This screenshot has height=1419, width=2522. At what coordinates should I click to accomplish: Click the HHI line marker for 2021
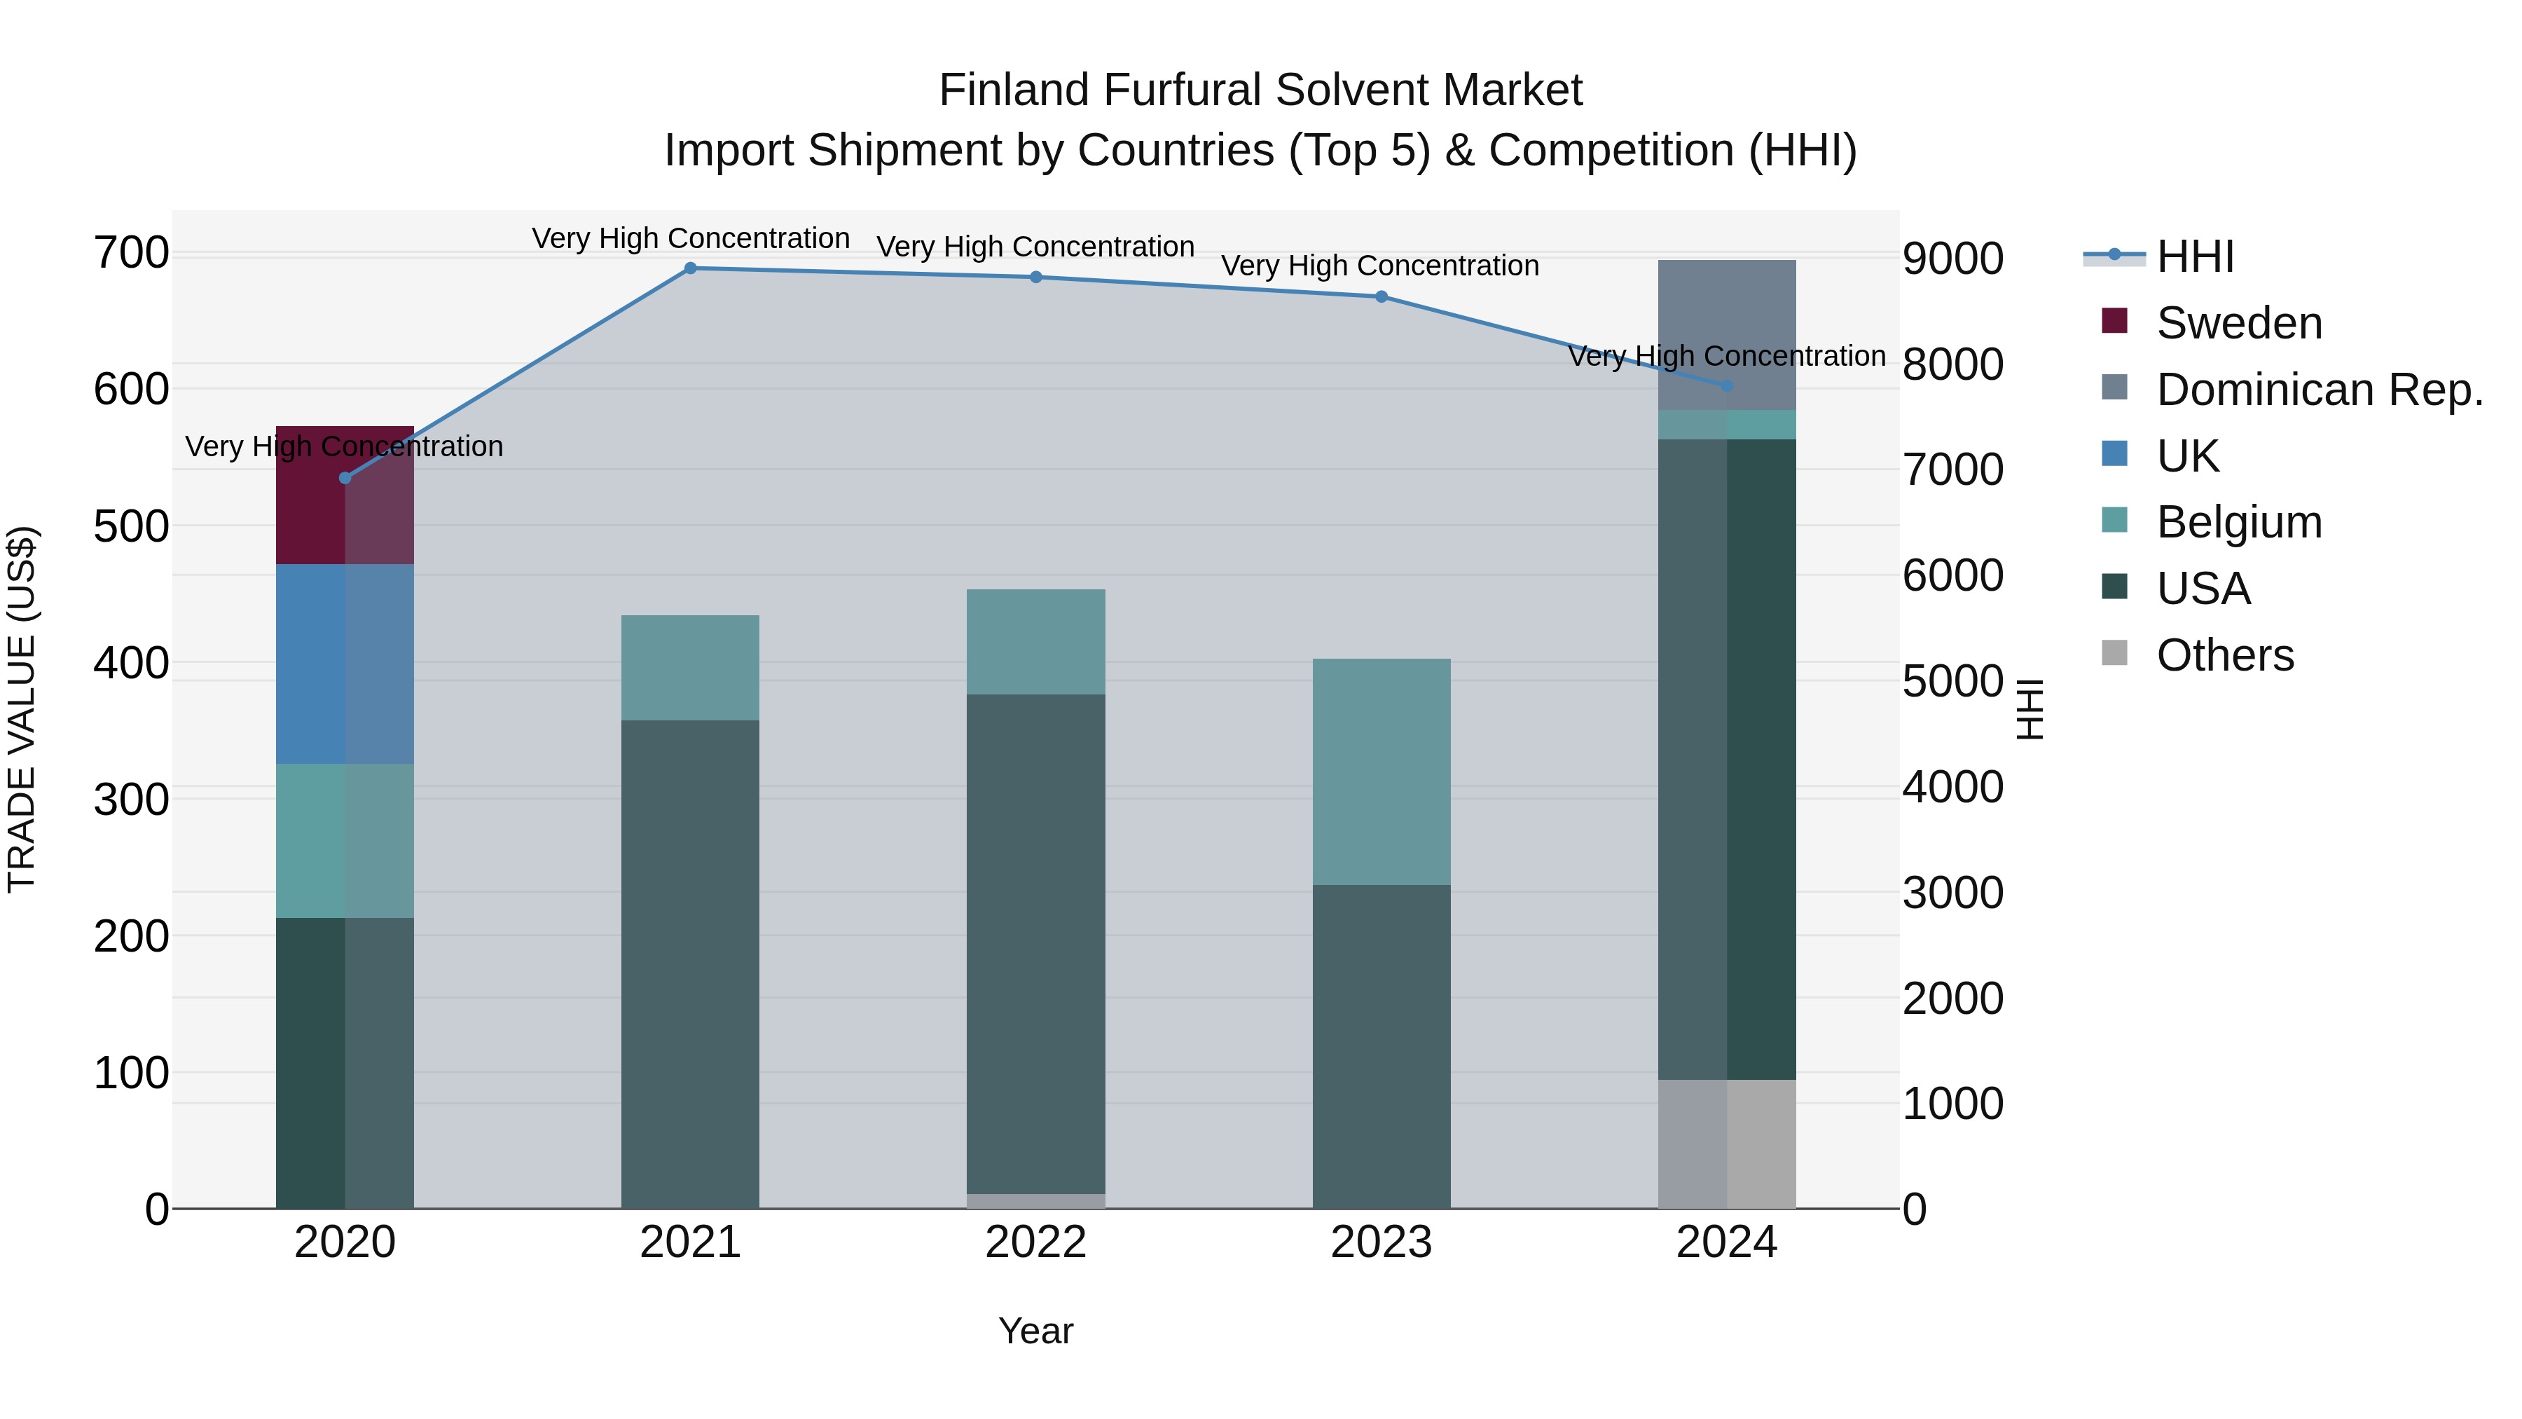[690, 268]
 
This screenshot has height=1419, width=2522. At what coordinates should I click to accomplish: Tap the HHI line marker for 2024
[1727, 386]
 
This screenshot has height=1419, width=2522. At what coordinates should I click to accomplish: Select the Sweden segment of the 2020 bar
[345, 495]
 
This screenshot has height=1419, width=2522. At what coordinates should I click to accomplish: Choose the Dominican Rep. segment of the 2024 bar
[1727, 335]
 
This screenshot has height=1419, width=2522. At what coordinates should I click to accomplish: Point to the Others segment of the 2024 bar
[1727, 1143]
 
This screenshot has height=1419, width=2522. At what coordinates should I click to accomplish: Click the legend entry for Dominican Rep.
[2318, 390]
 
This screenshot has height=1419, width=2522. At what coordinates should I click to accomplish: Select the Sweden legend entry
[2238, 323]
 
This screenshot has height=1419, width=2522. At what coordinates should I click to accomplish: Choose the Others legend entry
[2224, 655]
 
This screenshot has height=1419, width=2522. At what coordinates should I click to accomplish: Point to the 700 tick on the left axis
[131, 253]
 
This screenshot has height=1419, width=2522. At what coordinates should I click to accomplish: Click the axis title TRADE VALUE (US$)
[22, 709]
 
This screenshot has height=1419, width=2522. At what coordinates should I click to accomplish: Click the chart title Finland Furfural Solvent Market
[1260, 90]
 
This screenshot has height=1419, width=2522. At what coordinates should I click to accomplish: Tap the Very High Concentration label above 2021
[690, 238]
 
